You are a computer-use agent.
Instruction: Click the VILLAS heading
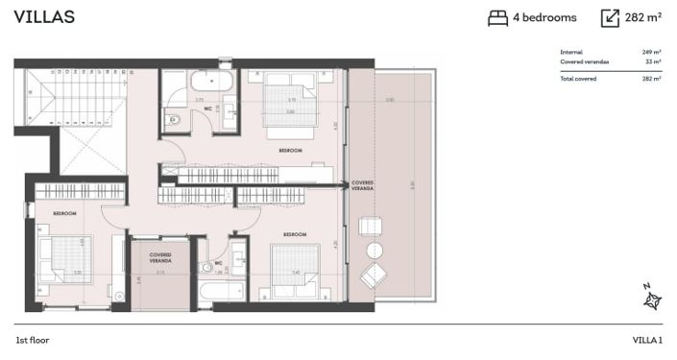point(44,17)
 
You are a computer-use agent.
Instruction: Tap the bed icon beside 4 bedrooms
point(497,17)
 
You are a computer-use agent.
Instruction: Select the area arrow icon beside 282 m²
point(610,17)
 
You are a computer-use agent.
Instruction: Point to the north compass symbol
point(652,300)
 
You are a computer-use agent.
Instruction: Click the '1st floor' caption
point(33,340)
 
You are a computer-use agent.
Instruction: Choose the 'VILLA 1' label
point(646,340)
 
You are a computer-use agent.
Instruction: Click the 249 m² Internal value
point(651,52)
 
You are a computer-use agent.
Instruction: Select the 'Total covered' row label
point(578,79)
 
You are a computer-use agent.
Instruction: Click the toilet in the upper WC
point(174,120)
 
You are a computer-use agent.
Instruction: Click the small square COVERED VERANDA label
point(160,258)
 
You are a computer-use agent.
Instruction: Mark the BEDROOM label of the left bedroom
point(65,213)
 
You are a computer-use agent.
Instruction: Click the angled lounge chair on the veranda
point(372,277)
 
